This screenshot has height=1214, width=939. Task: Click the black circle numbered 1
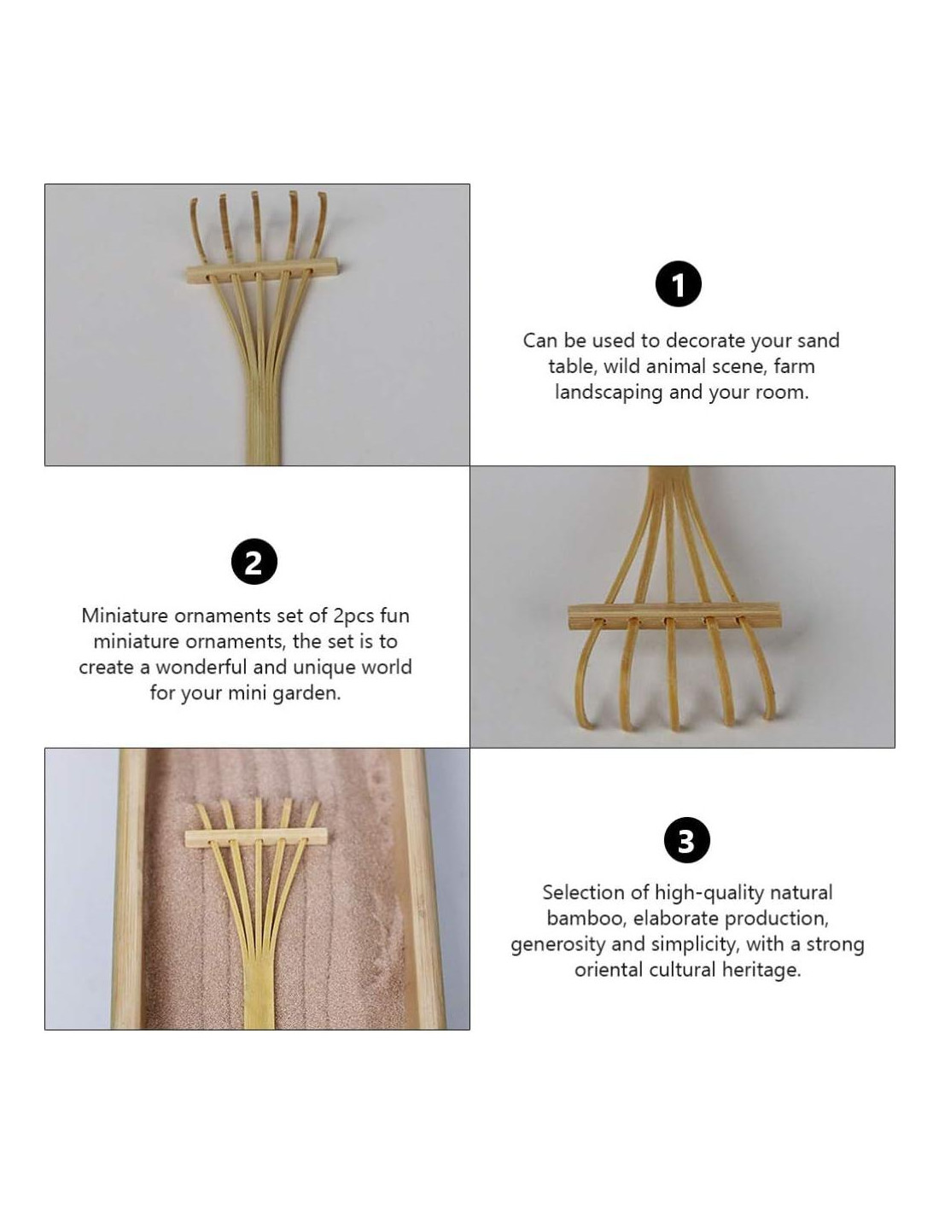point(678,284)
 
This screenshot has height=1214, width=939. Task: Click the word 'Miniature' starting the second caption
point(124,616)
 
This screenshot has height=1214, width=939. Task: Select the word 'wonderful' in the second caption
point(201,668)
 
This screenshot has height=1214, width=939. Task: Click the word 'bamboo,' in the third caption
point(586,919)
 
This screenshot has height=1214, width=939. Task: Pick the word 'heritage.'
point(761,971)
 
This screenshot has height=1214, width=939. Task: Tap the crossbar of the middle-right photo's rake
point(674,615)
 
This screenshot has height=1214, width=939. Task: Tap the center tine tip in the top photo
point(255,195)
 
